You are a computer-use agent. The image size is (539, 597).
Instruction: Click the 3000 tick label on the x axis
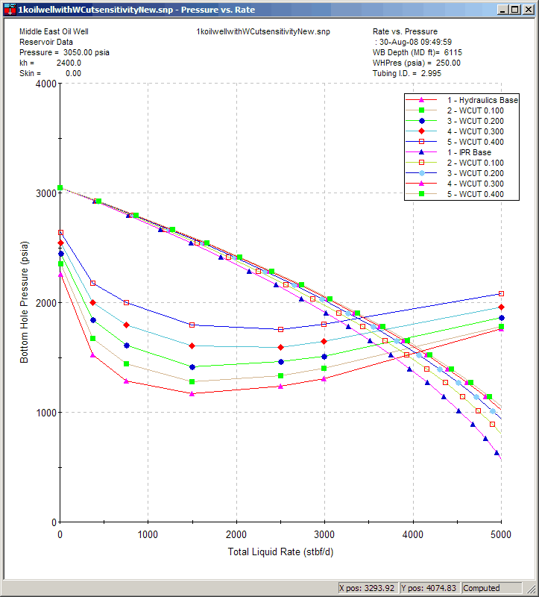[x=324, y=535]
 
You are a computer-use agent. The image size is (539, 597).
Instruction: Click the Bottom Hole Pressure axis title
[x=25, y=303]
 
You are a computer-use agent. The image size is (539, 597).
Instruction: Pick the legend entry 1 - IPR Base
[x=469, y=152]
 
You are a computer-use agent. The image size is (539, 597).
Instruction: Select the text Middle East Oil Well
[x=54, y=32]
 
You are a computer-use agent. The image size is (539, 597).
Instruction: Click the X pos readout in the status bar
[x=367, y=588]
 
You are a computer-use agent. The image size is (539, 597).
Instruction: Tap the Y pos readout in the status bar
[x=429, y=588]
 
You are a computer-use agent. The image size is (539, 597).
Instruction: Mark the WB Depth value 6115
[x=453, y=53]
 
